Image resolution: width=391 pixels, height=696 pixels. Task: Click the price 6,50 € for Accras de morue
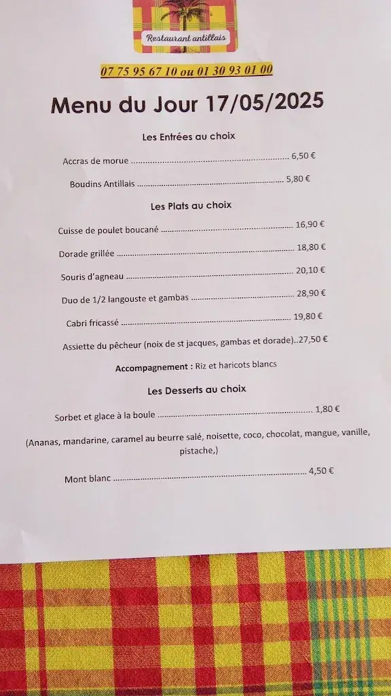click(303, 156)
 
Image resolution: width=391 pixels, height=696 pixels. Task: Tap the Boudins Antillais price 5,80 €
click(298, 179)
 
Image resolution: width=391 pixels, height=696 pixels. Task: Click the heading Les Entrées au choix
click(189, 137)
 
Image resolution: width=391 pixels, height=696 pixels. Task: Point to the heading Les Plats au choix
click(191, 205)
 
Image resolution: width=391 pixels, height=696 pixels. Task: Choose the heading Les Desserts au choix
click(197, 389)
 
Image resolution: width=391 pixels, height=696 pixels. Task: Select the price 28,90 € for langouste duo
click(313, 293)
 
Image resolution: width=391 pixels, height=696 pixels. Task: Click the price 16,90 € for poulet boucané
click(310, 224)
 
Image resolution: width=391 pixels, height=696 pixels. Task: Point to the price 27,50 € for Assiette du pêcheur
click(313, 339)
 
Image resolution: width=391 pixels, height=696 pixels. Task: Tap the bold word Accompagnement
click(153, 366)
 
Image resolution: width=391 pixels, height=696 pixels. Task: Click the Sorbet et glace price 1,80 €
click(327, 409)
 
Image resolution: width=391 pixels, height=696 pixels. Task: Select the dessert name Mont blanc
click(88, 478)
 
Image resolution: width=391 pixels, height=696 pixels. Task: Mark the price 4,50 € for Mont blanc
click(321, 470)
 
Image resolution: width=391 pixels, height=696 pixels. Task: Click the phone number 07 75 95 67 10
click(139, 71)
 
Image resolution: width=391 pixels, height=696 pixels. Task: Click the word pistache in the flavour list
click(198, 451)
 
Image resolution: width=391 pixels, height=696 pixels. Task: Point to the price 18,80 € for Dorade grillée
click(312, 247)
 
